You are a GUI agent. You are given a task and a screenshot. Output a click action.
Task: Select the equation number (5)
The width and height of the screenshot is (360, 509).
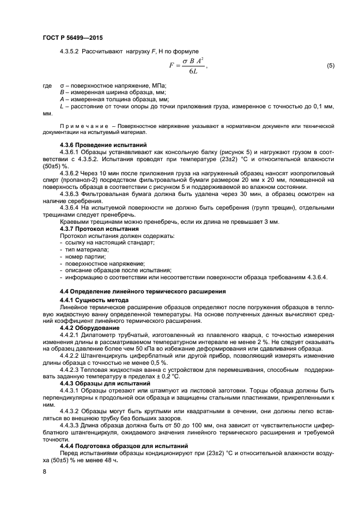pos(330,66)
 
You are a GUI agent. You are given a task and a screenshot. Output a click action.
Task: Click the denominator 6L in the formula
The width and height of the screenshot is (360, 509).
pos(193,72)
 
